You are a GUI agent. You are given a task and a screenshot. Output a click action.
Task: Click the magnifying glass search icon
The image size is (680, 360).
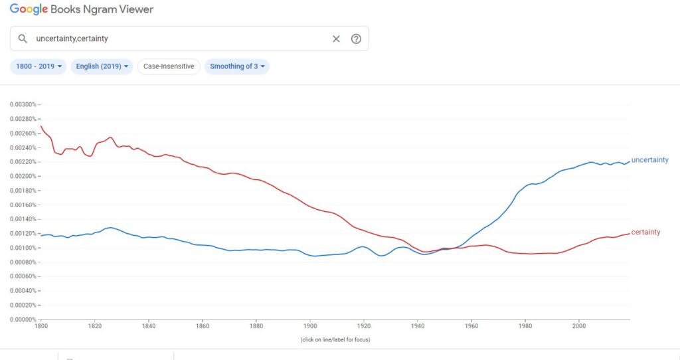[23, 39]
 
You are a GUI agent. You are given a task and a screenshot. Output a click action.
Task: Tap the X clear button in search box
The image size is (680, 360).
[336, 39]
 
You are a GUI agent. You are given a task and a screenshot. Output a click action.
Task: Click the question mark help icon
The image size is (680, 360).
[356, 39]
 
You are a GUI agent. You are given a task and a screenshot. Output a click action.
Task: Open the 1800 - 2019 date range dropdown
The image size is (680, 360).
[39, 66]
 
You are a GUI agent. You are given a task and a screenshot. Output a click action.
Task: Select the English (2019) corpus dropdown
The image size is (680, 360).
[102, 66]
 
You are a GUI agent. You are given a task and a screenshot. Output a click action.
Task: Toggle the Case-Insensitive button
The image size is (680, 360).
[169, 66]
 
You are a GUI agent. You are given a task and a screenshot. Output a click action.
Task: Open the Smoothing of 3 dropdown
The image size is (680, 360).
[237, 66]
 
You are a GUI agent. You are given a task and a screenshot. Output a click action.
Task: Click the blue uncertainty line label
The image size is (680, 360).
[649, 160]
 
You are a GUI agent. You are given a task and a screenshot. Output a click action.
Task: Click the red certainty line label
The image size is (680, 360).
[645, 232]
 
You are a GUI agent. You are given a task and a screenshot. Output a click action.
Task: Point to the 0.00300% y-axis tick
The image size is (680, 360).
[24, 105]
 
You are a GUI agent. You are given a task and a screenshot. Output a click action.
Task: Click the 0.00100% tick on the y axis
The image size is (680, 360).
[24, 248]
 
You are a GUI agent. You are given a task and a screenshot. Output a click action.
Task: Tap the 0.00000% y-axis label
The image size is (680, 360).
[24, 319]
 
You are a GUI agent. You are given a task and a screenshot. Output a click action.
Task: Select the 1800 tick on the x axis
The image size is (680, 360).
[41, 326]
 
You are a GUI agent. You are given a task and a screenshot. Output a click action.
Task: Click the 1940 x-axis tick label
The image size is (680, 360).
[418, 326]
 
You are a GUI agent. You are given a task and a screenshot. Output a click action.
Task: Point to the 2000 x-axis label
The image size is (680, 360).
[579, 326]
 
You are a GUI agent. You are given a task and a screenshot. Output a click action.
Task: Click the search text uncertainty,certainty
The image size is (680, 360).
[72, 39]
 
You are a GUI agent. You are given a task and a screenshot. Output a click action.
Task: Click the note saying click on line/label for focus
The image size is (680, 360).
[335, 339]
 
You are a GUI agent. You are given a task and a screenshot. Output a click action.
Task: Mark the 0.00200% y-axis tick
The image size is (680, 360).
[24, 176]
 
